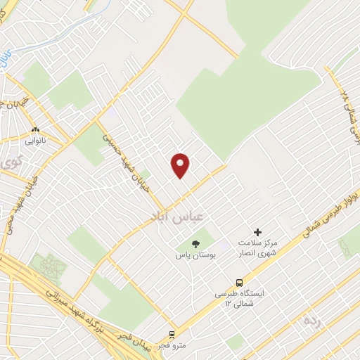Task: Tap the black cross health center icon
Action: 257,232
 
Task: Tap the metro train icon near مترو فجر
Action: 173,335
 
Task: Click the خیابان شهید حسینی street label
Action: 120,148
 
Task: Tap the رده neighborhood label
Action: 313,321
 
